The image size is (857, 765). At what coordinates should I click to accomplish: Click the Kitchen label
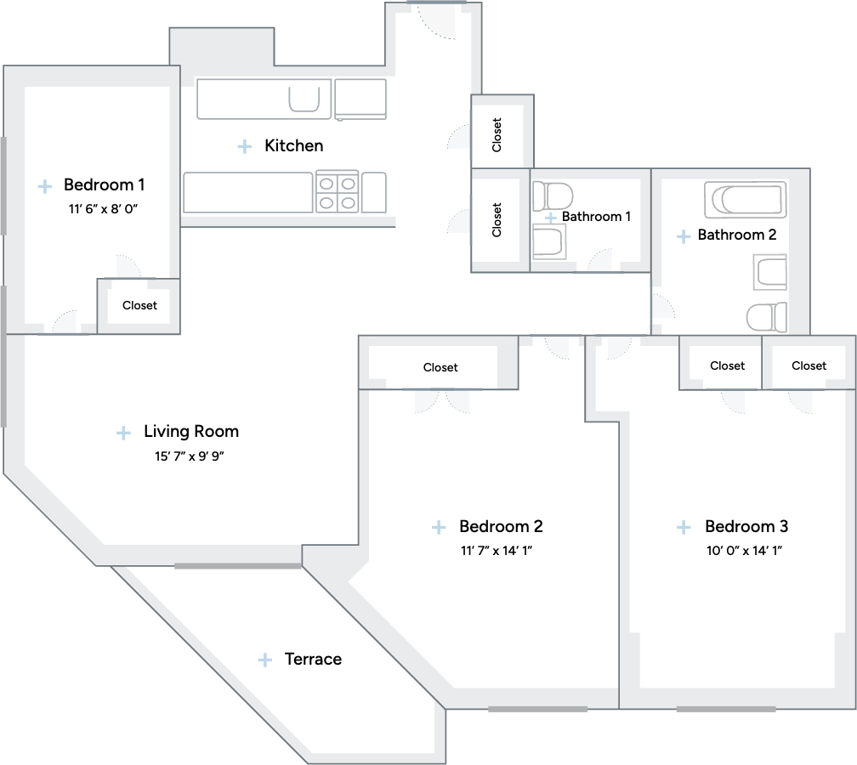pos(293,146)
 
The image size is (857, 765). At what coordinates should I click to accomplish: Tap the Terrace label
pos(313,659)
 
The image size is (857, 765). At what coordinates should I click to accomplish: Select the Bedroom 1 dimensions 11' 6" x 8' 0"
pos(104,209)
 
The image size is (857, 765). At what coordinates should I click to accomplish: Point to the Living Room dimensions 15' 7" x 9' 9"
pos(190,456)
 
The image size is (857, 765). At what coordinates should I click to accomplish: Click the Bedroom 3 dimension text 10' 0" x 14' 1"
pos(745,550)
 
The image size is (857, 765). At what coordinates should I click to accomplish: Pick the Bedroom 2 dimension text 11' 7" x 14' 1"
pos(497,550)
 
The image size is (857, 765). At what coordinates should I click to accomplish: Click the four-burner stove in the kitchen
pos(338,192)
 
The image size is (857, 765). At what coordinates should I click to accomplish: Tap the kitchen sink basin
pos(304,99)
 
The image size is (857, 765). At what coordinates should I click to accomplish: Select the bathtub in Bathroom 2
pos(746,200)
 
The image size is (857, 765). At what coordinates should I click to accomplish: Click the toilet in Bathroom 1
pos(553,196)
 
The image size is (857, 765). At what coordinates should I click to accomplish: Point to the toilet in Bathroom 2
pos(767,318)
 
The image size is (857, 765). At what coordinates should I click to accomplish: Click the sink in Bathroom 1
pos(549,242)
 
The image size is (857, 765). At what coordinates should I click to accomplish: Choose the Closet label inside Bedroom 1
pos(139,305)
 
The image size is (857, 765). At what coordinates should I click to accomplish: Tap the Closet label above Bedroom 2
pos(440,368)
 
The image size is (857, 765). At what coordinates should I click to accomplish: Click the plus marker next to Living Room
pos(123,433)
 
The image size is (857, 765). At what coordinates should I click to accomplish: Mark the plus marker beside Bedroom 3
pos(684,527)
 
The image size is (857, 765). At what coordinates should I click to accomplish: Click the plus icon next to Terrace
pos(265,660)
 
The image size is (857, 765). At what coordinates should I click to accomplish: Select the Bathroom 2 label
pos(737,235)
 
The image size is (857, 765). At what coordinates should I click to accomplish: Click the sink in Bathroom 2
pos(770,272)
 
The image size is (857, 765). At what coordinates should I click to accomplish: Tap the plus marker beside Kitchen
pos(245,146)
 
